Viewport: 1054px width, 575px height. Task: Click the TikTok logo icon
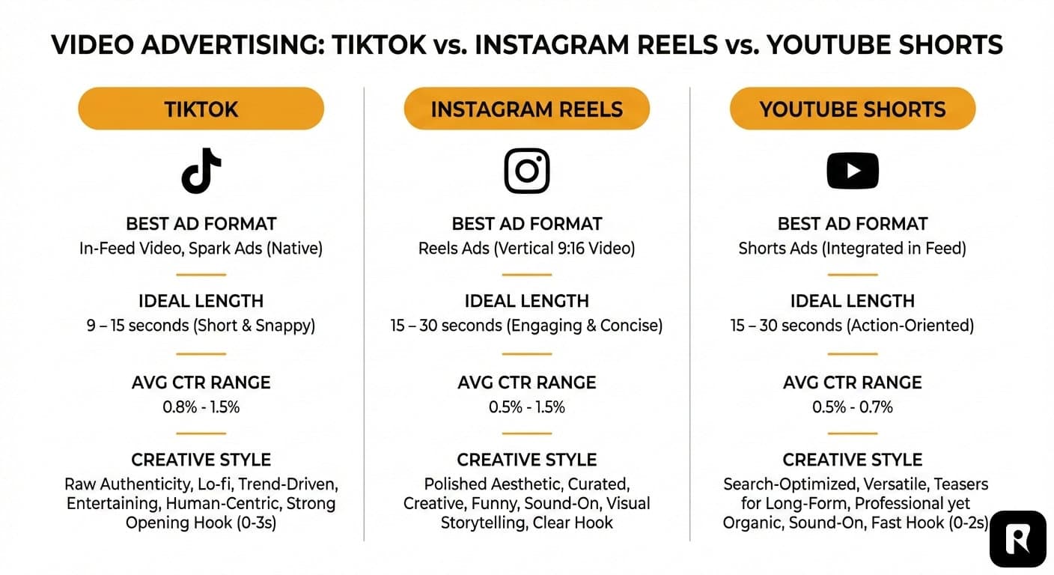coord(201,170)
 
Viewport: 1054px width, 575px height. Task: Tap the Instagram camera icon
coord(526,171)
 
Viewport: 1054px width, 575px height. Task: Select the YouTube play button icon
coord(852,171)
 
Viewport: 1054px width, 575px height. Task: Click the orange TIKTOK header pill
coord(201,109)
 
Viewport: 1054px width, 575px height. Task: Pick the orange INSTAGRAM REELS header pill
coord(526,109)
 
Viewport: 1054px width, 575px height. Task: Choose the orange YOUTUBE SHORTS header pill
coord(852,109)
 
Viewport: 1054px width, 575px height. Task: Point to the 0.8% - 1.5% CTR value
coord(201,407)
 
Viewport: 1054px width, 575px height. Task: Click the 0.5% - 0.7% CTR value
coord(852,407)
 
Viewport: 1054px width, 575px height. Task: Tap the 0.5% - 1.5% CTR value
coord(526,407)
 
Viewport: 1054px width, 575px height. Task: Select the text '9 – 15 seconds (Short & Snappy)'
coord(201,326)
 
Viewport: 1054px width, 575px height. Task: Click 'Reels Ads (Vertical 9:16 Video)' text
coord(526,248)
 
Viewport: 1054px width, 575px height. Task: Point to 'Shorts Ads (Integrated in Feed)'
coord(852,248)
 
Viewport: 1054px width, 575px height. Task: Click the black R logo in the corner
coord(1017,539)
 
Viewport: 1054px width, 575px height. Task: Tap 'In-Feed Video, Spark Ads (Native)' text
coord(201,248)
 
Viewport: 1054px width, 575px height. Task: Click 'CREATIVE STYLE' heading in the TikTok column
coord(201,460)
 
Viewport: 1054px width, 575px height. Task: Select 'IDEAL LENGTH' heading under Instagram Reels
coord(526,301)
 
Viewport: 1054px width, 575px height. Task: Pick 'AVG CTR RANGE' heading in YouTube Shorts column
coord(852,382)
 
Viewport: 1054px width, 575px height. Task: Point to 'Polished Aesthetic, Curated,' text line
coord(526,484)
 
